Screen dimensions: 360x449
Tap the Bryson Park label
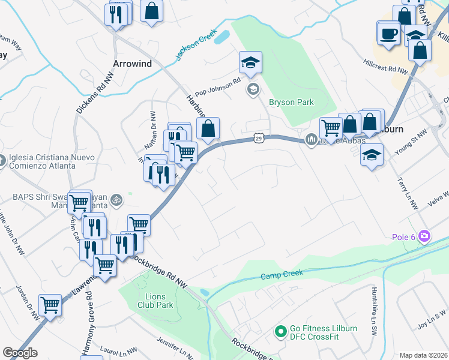(291, 102)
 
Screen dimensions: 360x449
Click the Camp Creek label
(282, 275)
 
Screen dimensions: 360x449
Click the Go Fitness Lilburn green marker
(280, 331)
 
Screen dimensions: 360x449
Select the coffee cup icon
(388, 33)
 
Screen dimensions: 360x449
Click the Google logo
(20, 352)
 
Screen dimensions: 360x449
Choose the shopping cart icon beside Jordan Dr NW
(50, 305)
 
